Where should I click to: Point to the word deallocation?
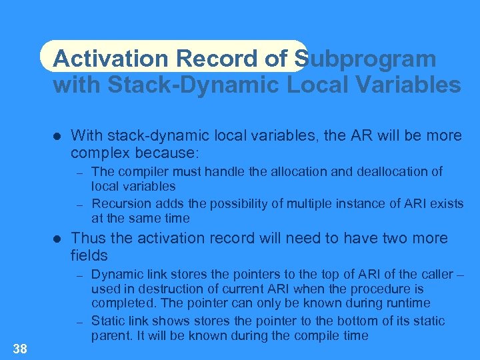coord(389,171)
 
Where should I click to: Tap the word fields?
coord(89,255)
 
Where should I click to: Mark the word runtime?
coord(404,303)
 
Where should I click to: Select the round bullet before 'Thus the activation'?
coord(57,239)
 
